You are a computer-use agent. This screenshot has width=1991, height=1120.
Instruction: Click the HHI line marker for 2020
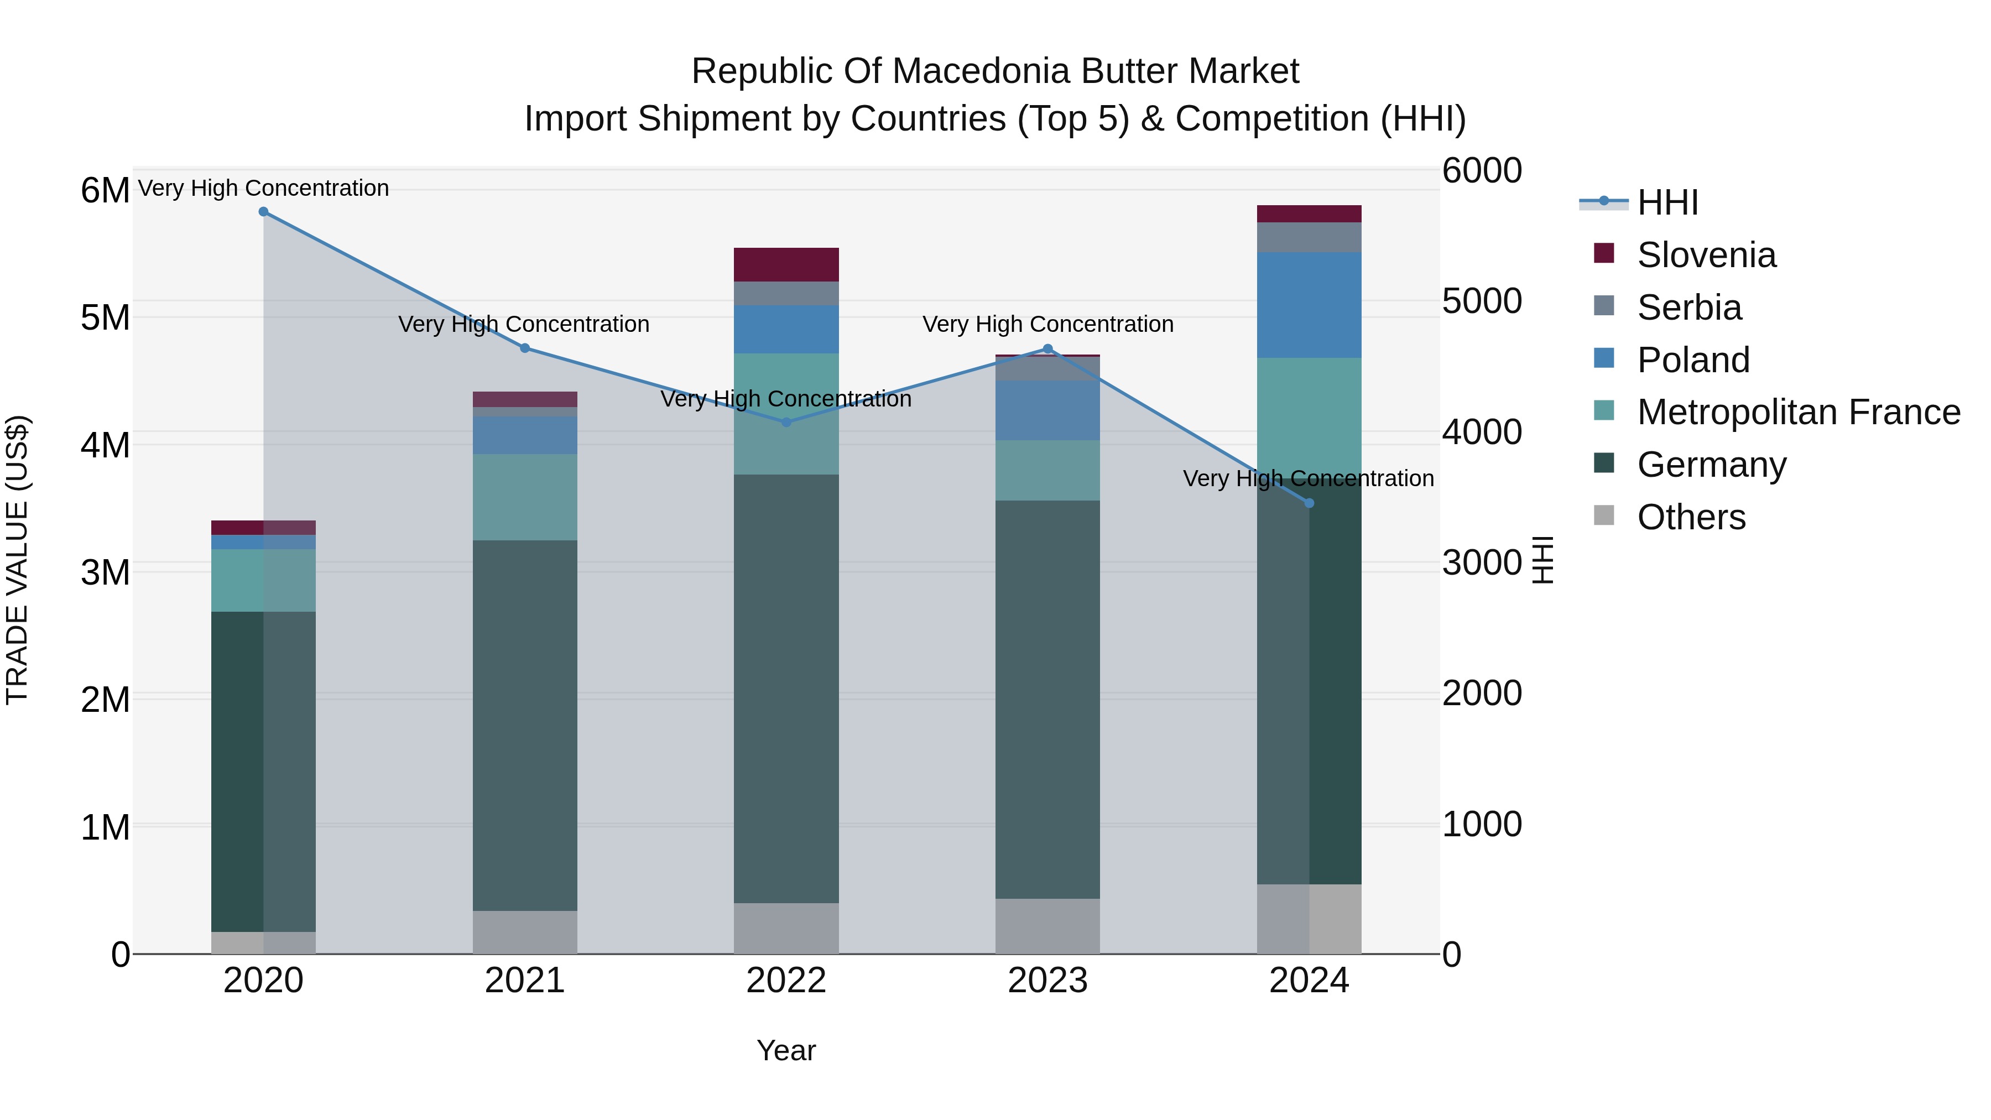tap(264, 212)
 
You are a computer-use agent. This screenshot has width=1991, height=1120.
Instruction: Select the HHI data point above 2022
tap(786, 422)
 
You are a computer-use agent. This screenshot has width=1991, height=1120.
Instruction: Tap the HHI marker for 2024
tap(1309, 503)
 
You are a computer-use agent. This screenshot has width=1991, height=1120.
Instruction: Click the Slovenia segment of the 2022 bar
tap(786, 264)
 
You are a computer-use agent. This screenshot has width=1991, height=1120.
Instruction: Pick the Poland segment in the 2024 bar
tap(1309, 305)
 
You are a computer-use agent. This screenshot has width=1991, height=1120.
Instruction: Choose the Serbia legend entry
tap(1689, 308)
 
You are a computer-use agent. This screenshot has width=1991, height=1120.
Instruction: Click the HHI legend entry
tap(1667, 202)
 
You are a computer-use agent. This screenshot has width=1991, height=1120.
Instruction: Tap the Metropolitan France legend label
tap(1799, 412)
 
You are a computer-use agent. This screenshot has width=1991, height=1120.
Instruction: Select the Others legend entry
tap(1690, 517)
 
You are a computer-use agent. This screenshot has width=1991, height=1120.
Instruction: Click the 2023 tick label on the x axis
tap(1047, 981)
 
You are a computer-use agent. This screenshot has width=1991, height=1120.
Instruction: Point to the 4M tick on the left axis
tap(105, 445)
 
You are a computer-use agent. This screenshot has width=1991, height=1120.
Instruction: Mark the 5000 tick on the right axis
tap(1482, 301)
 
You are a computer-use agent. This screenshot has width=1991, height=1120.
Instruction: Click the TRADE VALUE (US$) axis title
tap(17, 560)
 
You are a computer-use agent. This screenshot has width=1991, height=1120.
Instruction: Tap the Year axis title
tap(786, 1050)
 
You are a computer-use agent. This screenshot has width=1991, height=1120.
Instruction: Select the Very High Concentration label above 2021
tap(524, 324)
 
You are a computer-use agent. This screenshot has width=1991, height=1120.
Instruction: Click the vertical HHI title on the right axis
tap(1542, 560)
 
